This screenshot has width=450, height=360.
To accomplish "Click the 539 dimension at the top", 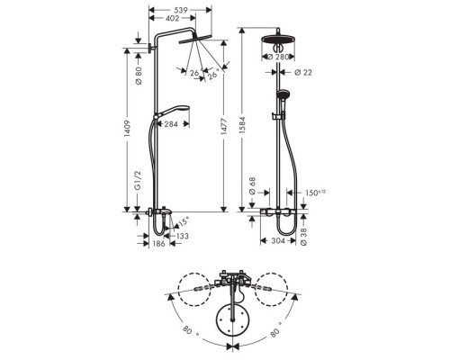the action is [x=181, y=10].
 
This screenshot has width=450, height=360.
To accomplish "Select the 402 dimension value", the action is [x=172, y=18].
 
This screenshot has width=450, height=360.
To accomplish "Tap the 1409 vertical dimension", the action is [x=127, y=129].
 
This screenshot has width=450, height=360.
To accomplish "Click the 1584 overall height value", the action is [x=242, y=126].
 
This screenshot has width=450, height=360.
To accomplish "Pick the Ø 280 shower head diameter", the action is [x=278, y=57].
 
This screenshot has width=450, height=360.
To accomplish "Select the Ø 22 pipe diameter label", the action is [x=303, y=72].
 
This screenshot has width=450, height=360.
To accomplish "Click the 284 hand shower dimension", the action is [x=171, y=124].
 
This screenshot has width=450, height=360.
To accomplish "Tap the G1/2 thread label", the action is [x=138, y=180].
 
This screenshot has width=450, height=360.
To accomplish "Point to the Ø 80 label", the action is [x=139, y=76].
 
